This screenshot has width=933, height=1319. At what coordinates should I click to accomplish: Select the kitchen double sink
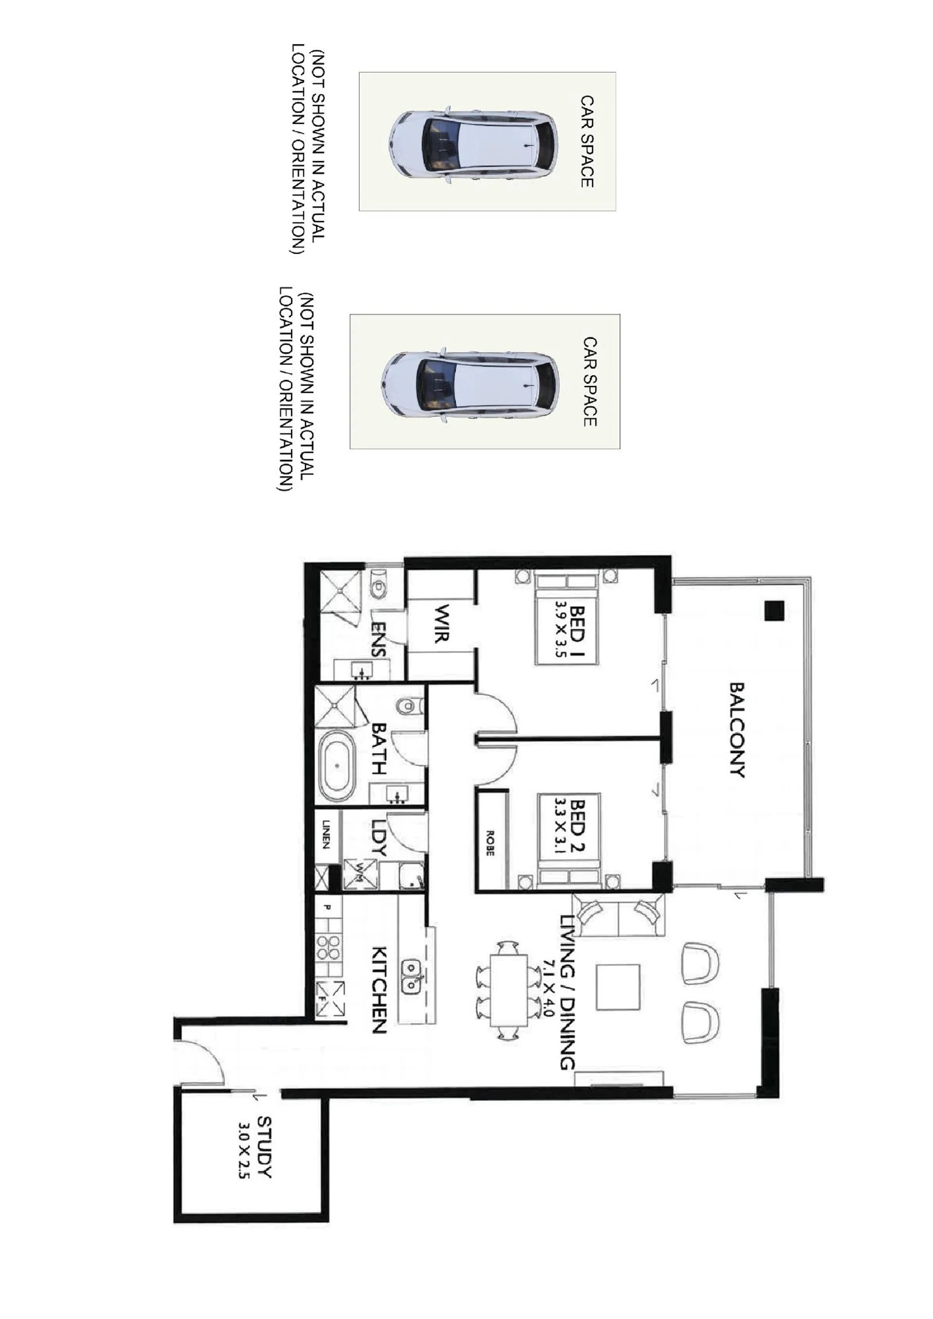(x=412, y=976)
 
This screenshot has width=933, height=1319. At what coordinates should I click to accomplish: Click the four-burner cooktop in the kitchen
(x=329, y=948)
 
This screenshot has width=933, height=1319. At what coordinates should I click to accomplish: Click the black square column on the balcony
(x=774, y=610)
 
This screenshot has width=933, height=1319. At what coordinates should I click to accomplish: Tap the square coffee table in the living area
(x=618, y=987)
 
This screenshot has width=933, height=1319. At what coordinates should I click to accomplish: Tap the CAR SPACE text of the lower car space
(x=590, y=381)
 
